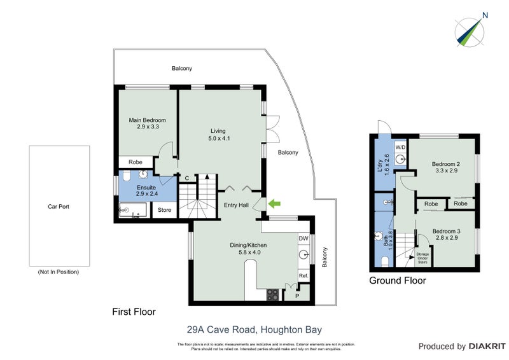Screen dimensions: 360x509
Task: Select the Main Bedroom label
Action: pos(147,120)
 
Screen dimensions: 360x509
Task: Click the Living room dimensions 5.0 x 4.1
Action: pos(218,138)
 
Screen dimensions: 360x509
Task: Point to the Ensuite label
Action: pos(147,188)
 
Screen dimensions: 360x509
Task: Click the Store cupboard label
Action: pos(165,210)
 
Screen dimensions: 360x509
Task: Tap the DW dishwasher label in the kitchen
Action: pos(303,239)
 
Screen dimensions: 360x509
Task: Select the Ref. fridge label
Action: pos(303,276)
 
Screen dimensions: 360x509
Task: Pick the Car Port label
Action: pos(58,206)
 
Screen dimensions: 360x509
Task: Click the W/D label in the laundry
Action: pos(400,147)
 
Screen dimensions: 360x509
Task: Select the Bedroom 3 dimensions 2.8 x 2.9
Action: pos(445,238)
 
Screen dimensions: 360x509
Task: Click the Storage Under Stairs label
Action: pos(423,258)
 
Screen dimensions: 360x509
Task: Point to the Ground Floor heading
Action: pos(398,280)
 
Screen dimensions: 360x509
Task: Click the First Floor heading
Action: pos(134,312)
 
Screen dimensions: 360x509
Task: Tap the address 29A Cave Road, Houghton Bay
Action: pos(254,329)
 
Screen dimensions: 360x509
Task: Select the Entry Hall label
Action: pos(237,205)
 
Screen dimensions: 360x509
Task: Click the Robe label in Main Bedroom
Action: pos(136,162)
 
